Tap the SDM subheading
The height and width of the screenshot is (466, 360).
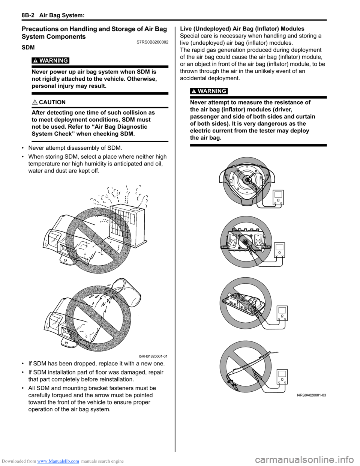[x=28, y=48]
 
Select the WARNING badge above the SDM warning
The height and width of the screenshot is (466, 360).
[x=54, y=61]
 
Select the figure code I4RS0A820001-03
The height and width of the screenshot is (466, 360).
[x=311, y=395]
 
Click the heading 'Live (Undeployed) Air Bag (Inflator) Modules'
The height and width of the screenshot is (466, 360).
[x=242, y=29]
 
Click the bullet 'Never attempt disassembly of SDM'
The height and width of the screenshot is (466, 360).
[x=75, y=148]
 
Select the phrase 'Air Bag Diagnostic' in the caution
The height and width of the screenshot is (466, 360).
[x=122, y=127]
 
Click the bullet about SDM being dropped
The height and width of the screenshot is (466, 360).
[x=96, y=364]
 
